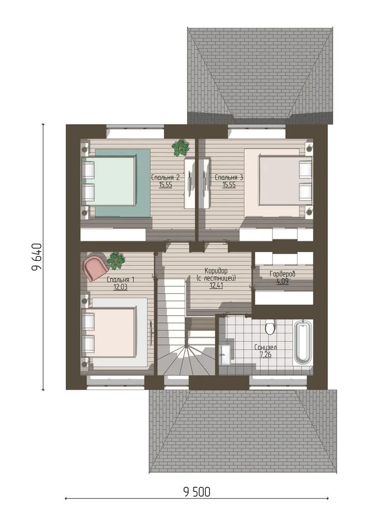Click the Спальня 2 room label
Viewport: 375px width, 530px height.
165,178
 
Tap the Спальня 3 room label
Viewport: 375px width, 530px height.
229,178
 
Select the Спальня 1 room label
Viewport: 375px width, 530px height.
121,280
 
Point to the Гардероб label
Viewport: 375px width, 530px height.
282,274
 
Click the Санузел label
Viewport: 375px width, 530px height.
266,347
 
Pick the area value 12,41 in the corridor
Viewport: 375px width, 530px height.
216,286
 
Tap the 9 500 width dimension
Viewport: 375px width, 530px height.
197,492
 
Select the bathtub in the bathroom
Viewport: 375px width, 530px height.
303,343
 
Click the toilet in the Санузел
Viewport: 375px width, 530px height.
270,327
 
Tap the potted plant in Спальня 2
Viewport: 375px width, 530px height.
180,148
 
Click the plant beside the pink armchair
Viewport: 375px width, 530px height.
116,261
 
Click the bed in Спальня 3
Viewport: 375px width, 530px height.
278,183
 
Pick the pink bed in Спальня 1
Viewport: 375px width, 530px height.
114,332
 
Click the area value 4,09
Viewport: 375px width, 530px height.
283,281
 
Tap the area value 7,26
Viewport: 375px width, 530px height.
266,355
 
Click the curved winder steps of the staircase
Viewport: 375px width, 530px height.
186,360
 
